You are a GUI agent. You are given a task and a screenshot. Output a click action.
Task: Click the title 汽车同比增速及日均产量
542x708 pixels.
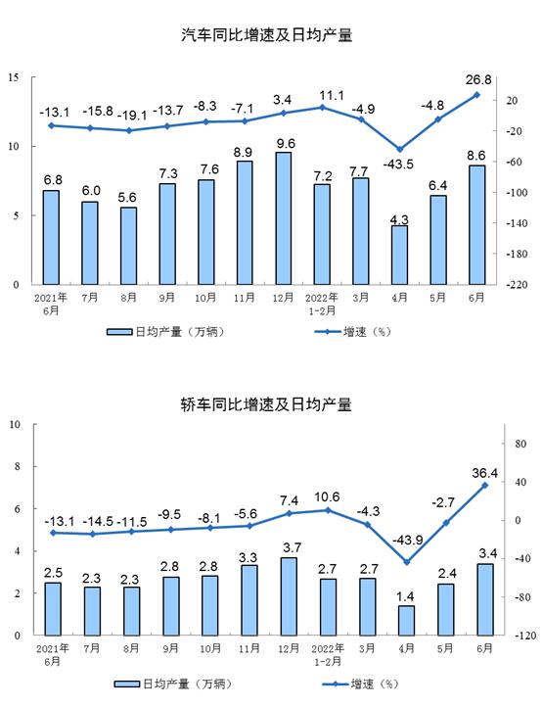click(266, 35)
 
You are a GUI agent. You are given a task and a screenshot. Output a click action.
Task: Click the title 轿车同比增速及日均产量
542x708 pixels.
click(266, 404)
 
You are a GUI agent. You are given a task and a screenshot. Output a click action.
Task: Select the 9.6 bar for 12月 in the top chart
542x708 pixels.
click(284, 218)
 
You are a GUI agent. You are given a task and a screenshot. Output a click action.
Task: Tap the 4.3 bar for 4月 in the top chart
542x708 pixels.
click(399, 256)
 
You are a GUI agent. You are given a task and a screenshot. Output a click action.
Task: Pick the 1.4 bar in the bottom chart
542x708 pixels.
click(406, 621)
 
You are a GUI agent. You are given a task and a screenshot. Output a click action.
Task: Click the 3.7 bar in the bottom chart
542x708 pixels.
click(289, 596)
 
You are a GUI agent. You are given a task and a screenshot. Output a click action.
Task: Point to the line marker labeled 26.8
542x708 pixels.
click(476, 95)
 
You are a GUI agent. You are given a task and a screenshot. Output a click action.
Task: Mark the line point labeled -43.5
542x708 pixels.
click(399, 149)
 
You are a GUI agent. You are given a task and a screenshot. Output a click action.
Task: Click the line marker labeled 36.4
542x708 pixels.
click(485, 486)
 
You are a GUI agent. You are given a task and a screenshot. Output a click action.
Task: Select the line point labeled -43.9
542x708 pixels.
click(407, 562)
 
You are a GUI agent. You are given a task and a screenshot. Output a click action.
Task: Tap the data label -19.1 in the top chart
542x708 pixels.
click(132, 116)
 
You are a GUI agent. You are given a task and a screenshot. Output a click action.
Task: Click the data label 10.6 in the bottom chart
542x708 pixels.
click(327, 497)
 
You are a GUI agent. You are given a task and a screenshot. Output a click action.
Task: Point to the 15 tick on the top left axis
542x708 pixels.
click(14, 77)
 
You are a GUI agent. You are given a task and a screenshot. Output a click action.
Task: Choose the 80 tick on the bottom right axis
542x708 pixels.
click(520, 444)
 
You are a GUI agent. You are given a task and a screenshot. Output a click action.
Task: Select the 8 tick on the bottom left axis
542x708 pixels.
click(18, 466)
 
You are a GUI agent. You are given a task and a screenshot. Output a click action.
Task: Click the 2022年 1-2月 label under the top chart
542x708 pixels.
click(322, 304)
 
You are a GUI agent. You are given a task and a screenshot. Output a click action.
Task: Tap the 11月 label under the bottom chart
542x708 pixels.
click(249, 648)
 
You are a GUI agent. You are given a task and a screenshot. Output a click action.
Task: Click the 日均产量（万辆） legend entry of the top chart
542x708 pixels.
click(165, 332)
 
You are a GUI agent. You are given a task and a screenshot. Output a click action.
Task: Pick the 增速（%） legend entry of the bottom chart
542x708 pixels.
click(360, 684)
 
